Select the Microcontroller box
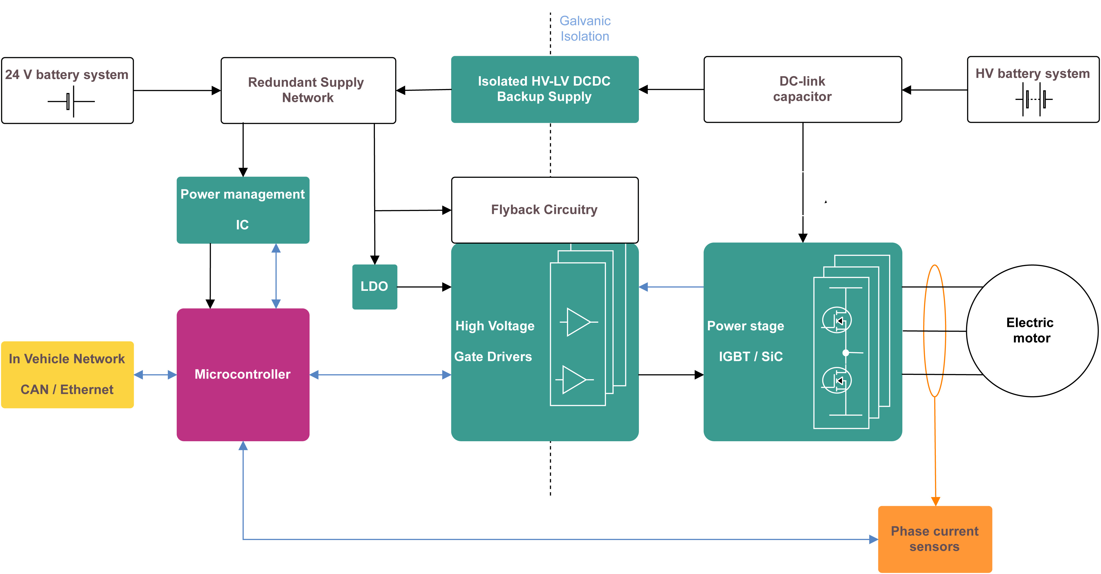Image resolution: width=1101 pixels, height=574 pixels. pos(243,374)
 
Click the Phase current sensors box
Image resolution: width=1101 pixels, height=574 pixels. pos(935,539)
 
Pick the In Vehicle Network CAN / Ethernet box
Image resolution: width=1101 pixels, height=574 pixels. pos(67,374)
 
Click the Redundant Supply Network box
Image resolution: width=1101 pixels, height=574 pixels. pos(308,90)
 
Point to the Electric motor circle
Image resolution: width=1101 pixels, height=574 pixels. pos(1032,330)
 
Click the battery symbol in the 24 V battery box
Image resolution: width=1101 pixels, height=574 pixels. pos(71,102)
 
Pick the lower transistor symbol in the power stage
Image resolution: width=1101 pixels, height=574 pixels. pos(837,380)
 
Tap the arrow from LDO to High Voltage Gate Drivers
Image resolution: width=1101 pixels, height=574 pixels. pos(424,287)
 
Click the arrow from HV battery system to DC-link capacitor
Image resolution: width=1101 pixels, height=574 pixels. pos(934,90)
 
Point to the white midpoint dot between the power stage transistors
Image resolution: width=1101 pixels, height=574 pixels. pos(845,353)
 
